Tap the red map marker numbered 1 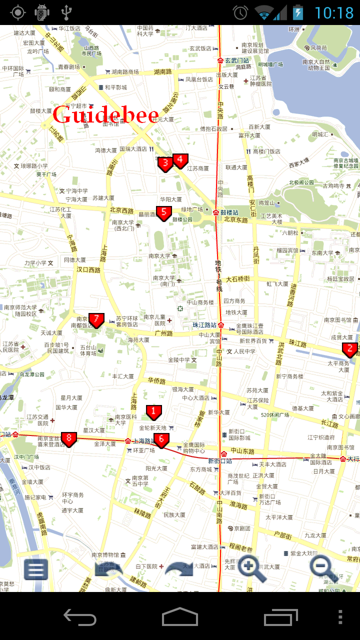(x=153, y=412)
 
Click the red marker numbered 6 (x=161, y=440)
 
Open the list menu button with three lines (x=36, y=569)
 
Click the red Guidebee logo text (x=105, y=115)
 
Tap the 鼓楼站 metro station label (x=229, y=212)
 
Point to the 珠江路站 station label (x=205, y=325)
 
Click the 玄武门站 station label (x=237, y=60)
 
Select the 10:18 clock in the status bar (x=334, y=12)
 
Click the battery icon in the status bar (x=298, y=12)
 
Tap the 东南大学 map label (x=322, y=253)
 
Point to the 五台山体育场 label (x=88, y=349)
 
